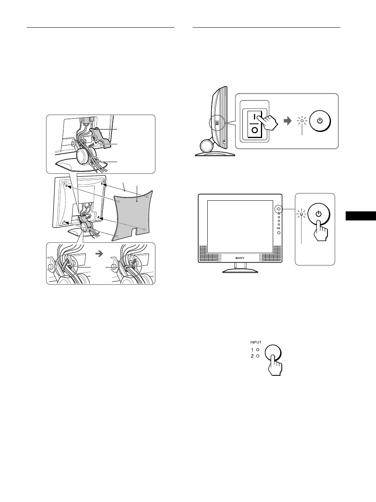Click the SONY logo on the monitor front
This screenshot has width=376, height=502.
tap(240, 258)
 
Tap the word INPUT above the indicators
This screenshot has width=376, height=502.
tap(256, 342)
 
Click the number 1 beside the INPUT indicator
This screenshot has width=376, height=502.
tap(252, 349)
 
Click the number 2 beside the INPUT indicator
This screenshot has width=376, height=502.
tap(252, 356)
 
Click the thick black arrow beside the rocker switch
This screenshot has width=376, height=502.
tap(289, 121)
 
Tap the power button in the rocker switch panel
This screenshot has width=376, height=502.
tap(320, 121)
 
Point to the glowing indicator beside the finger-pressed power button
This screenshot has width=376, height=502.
tap(302, 215)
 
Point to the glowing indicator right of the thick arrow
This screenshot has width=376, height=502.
tap(302, 121)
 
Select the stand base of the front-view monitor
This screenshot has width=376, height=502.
tap(240, 271)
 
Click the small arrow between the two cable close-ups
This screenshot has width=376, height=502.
tap(100, 254)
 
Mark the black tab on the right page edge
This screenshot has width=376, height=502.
tap(361, 216)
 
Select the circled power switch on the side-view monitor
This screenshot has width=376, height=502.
tap(216, 123)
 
